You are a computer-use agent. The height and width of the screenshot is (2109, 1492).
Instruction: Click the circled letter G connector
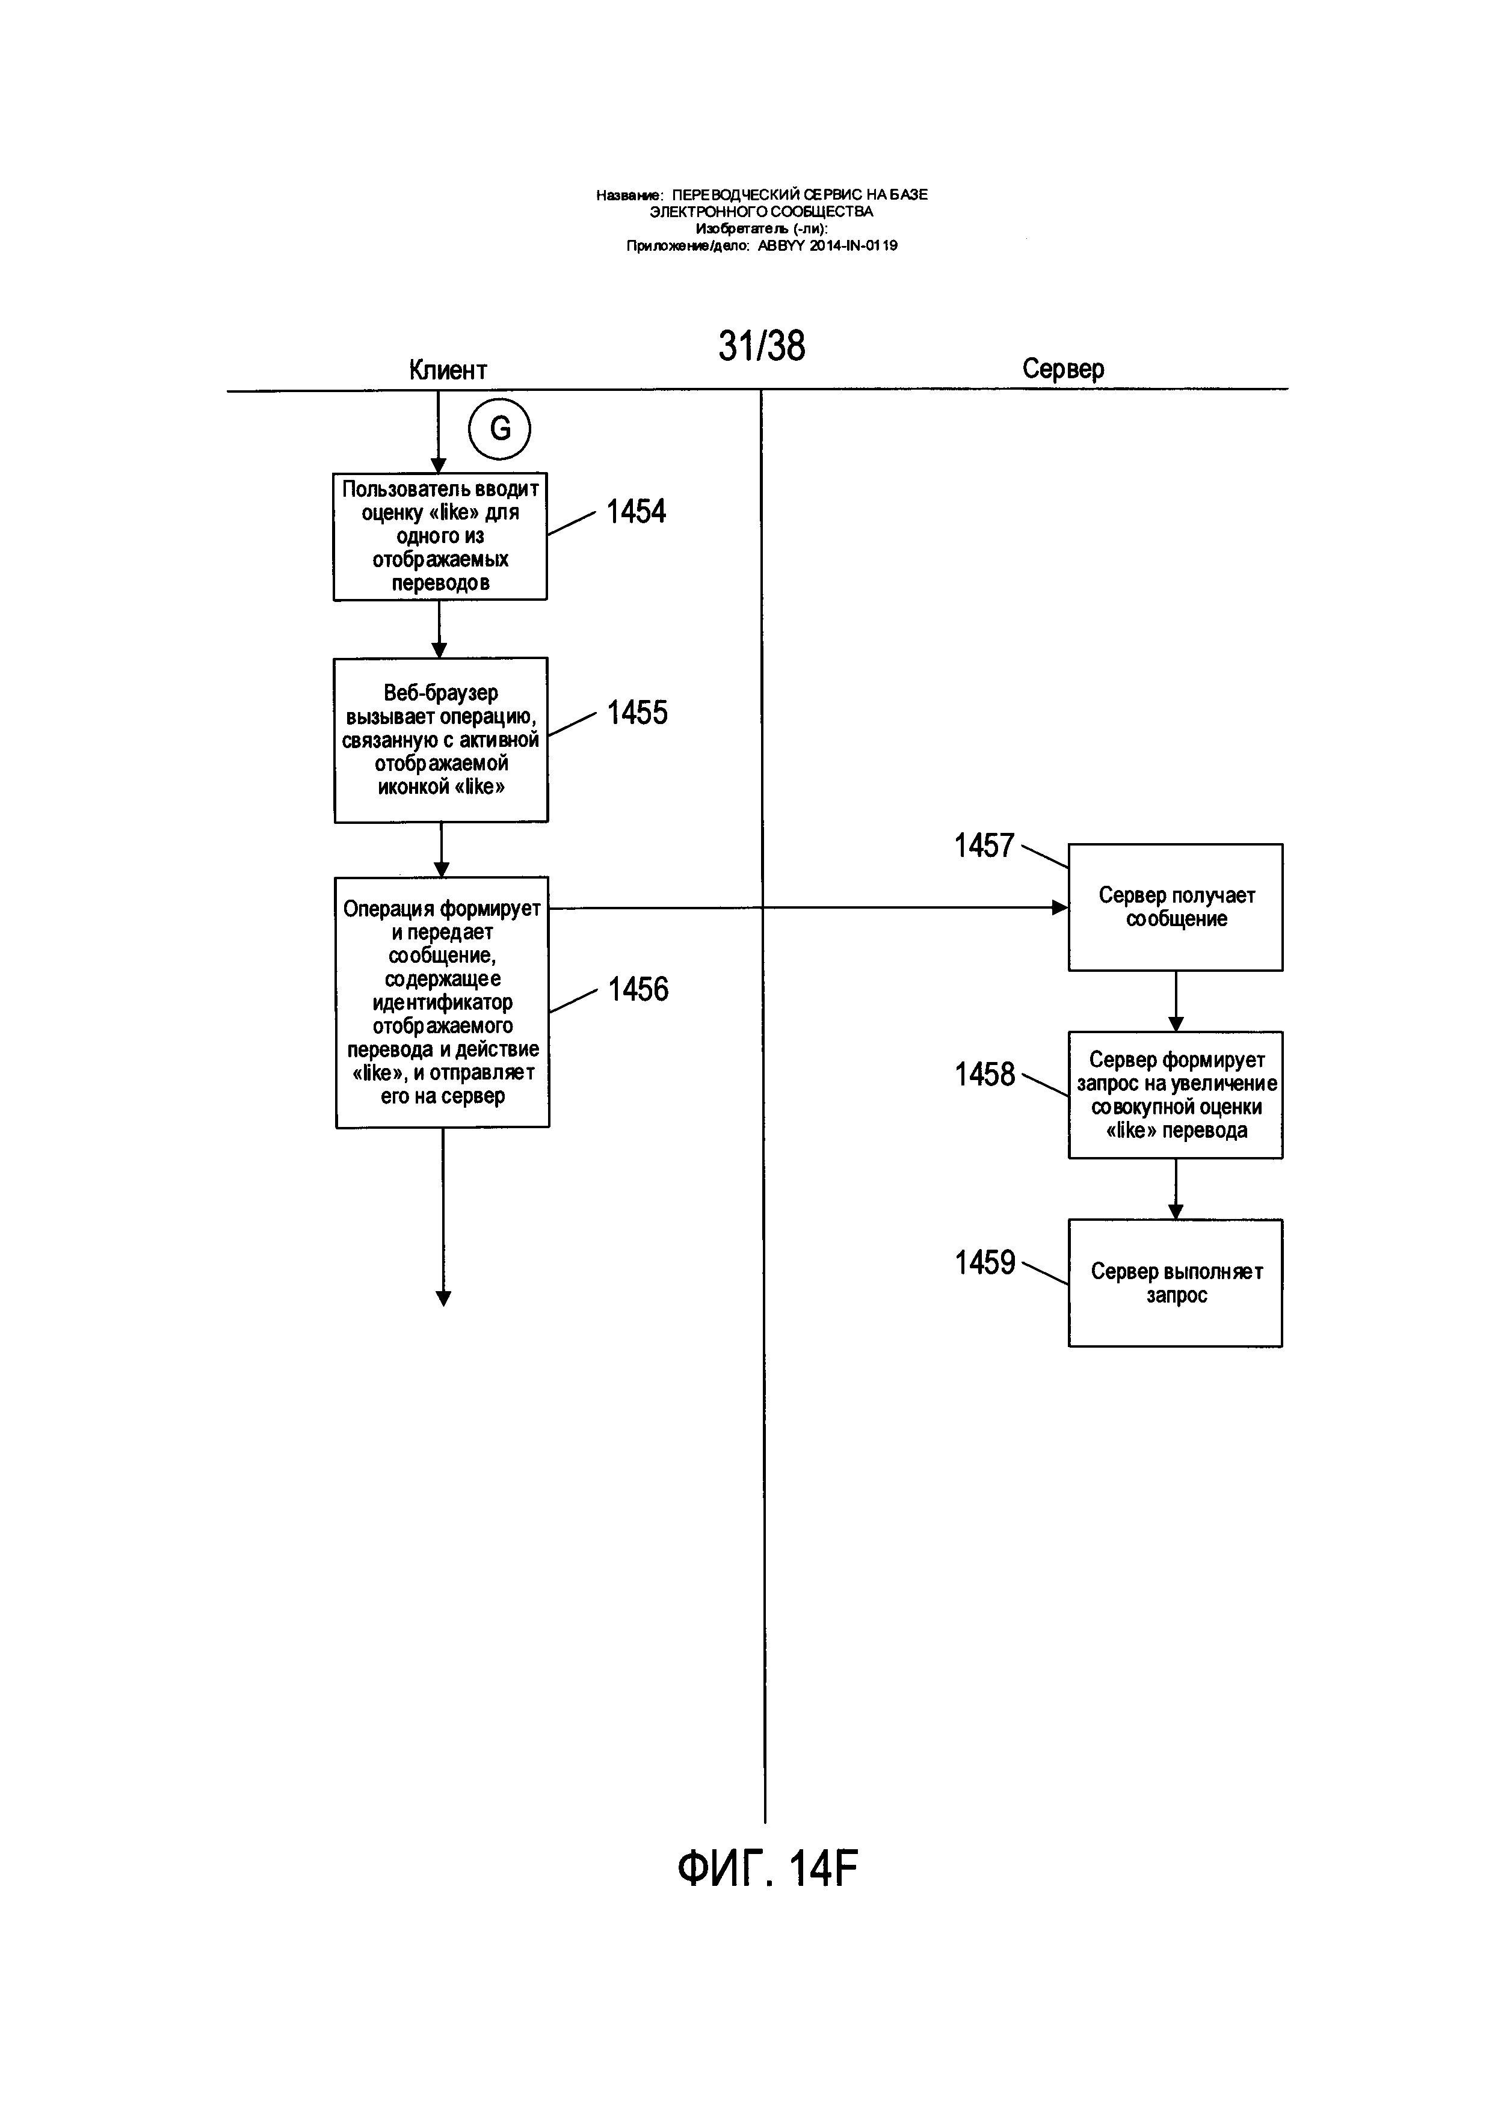(500, 428)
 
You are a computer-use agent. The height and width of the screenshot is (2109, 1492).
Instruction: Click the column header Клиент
(448, 370)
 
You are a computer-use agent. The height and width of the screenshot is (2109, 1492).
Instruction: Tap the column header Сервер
(1063, 369)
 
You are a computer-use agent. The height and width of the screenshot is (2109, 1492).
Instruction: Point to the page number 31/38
(762, 346)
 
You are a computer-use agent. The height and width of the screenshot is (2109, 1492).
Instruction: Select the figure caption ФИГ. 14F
(767, 1868)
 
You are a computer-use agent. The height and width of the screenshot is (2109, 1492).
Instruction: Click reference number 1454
(636, 512)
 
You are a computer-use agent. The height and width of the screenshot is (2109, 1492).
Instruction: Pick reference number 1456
(638, 989)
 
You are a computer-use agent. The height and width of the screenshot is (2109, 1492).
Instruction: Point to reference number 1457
(984, 845)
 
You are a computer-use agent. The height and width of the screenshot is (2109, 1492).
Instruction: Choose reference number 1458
(985, 1074)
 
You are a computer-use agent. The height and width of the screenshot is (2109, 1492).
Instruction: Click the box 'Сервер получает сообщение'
(1175, 907)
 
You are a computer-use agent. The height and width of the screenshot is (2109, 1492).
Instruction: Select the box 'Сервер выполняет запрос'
(1175, 1283)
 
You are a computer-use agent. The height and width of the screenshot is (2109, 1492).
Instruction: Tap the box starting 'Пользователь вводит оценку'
(440, 536)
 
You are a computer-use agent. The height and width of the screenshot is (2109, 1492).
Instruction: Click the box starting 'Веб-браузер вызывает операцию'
(441, 740)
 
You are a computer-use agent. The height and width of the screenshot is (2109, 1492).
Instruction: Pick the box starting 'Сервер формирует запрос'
(1175, 1095)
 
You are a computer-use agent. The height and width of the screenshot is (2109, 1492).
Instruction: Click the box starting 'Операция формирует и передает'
(442, 1002)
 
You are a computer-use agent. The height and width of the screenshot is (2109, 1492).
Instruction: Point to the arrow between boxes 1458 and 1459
(1175, 1189)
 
